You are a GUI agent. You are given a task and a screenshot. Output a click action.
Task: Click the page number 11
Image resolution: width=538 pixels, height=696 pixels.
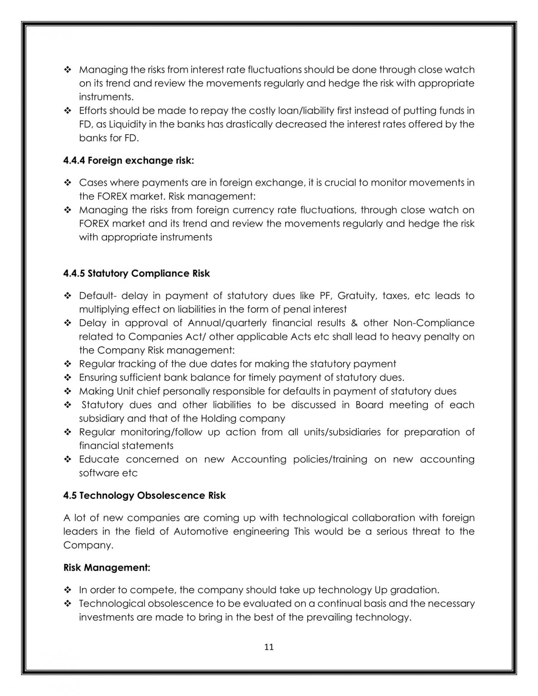click(269, 647)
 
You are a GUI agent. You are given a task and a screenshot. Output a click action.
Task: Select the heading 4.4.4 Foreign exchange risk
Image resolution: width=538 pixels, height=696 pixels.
click(128, 160)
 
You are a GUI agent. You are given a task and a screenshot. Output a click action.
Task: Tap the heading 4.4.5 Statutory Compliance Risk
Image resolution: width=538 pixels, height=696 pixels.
click(136, 273)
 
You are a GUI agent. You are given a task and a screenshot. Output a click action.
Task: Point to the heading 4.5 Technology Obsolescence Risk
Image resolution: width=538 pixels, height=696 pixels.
click(144, 495)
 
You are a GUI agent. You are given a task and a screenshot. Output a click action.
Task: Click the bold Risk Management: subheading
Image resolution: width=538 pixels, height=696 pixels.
click(107, 567)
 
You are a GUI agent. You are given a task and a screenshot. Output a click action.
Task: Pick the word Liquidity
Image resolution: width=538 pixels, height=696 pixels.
click(128, 124)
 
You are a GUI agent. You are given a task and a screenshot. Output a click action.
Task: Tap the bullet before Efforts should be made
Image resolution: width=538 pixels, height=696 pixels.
click(68, 111)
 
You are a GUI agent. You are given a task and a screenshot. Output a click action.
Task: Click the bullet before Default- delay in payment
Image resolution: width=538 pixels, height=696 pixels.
click(68, 296)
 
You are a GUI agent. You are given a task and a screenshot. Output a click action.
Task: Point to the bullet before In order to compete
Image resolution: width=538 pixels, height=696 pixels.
click(68, 590)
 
